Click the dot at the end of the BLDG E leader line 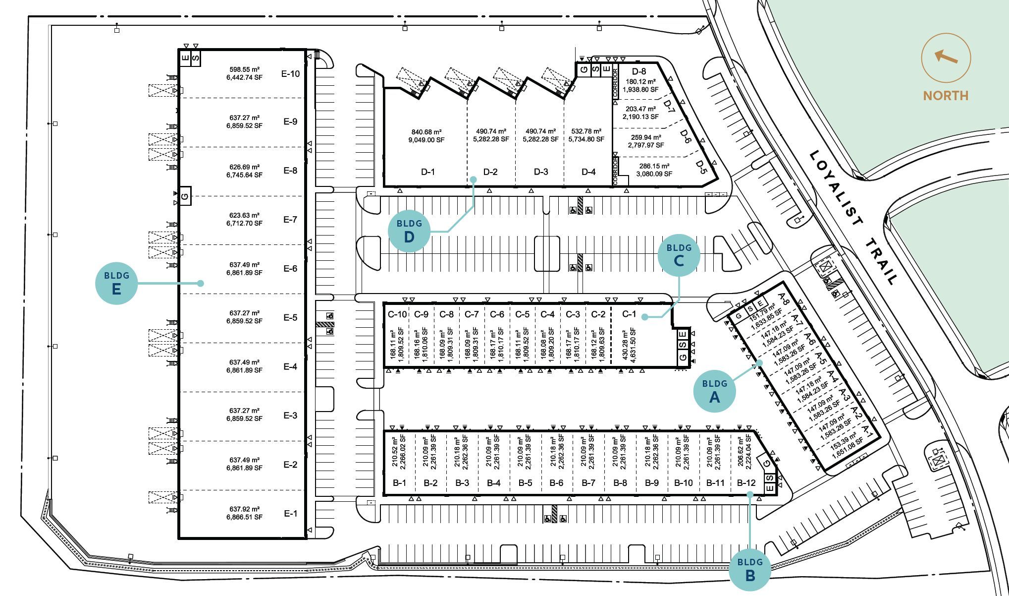tap(201, 283)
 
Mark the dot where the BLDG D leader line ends tap(473, 179)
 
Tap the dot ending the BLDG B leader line tap(750, 494)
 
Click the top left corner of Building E tap(179, 50)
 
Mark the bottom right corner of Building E tap(306, 538)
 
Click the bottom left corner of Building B tap(385, 494)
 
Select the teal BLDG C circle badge tap(679, 255)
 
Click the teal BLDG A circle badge tap(714, 391)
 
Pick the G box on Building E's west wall tap(185, 196)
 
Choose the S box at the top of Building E tap(196, 58)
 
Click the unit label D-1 tap(428, 172)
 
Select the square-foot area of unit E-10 tap(245, 77)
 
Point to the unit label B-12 tap(746, 483)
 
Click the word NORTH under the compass tap(946, 95)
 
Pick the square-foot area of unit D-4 tap(586, 139)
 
